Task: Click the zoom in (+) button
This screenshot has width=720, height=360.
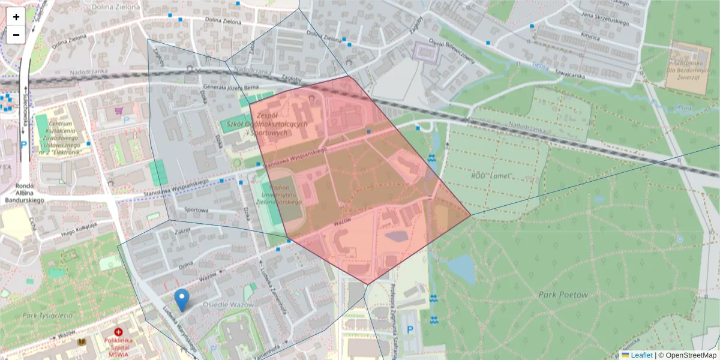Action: click(16, 17)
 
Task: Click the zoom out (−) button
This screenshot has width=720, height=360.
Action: click(16, 35)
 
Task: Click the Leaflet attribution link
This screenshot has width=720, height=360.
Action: click(641, 355)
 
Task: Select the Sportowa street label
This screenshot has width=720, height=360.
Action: click(196, 210)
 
